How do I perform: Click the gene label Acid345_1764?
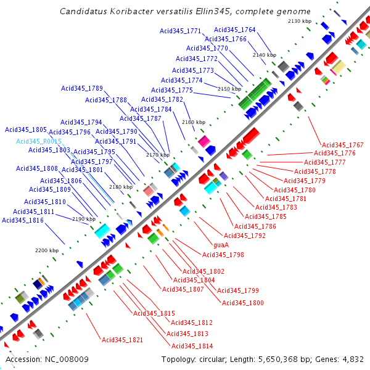tap(234, 30)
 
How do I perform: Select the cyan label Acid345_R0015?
tap(39, 141)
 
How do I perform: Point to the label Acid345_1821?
tap(122, 340)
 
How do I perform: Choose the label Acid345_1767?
tap(343, 145)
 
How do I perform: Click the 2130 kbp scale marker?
tap(299, 22)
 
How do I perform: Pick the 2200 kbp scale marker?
tap(46, 250)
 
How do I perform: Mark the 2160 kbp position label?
tap(193, 122)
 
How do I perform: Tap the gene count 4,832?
tap(352, 360)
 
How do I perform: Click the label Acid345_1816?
tap(23, 220)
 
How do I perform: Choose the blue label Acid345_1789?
tap(81, 88)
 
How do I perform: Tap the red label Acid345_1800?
tap(242, 303)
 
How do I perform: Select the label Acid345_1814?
tap(192, 346)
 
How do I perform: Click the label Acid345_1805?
tap(26, 130)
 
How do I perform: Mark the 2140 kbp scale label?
tap(264, 55)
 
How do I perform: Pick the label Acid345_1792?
tap(244, 236)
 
